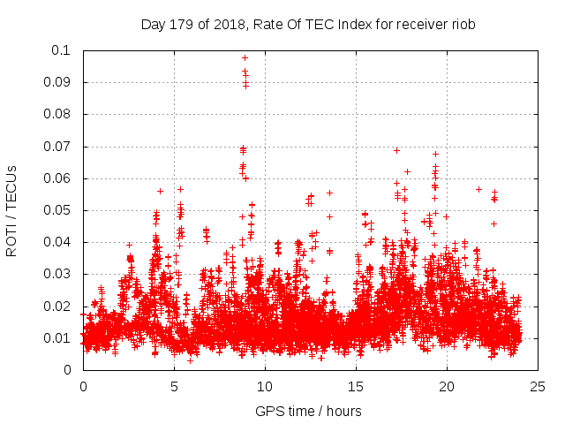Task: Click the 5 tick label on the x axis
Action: point(174,386)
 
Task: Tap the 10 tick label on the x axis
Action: point(265,386)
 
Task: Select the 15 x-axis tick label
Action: point(356,386)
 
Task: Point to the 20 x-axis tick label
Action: point(447,386)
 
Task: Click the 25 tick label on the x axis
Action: point(538,386)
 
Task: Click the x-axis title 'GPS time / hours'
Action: point(308,411)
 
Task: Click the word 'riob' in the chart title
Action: point(463,25)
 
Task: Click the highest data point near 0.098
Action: point(245,57)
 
